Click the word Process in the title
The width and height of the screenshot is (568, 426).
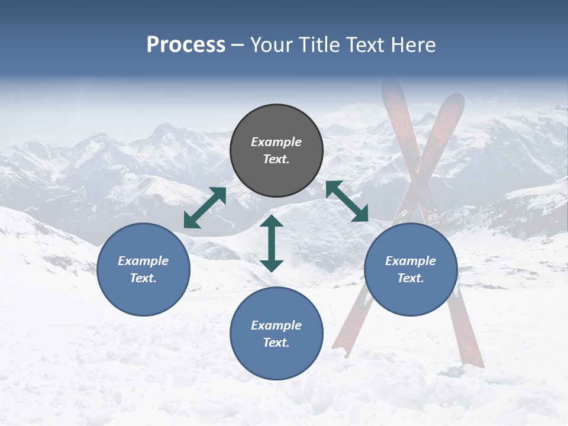point(186,45)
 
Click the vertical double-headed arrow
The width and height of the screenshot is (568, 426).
point(272,243)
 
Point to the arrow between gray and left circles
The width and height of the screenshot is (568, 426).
point(205,207)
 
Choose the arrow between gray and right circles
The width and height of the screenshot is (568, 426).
point(347,201)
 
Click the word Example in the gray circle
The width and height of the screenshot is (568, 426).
point(276,142)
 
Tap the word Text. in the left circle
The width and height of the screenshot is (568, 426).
point(143,278)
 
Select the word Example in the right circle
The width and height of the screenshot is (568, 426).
point(411,261)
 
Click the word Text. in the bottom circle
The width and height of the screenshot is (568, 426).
point(276,343)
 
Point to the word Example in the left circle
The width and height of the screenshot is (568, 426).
point(143,261)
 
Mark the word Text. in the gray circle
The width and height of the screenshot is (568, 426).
point(276,159)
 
